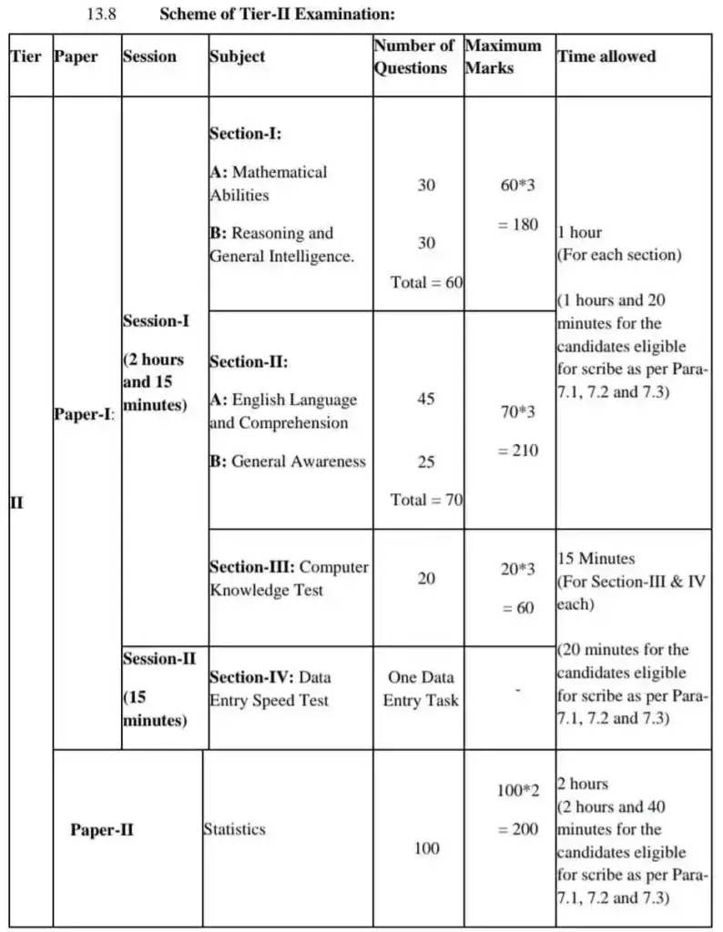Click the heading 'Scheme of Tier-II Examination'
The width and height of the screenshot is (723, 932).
pyautogui.click(x=277, y=15)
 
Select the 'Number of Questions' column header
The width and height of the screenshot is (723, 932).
pyautogui.click(x=414, y=56)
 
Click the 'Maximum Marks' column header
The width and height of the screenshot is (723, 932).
pyautogui.click(x=503, y=56)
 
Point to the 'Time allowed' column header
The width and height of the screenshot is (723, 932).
pyautogui.click(x=606, y=56)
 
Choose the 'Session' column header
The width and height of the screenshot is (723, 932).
pyautogui.click(x=150, y=56)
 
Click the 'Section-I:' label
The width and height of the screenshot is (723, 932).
pyautogui.click(x=245, y=133)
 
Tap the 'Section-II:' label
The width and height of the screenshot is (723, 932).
pyautogui.click(x=249, y=361)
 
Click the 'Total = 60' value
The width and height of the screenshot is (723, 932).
pyautogui.click(x=426, y=282)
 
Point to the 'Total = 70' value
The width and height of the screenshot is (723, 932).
pyautogui.click(x=426, y=500)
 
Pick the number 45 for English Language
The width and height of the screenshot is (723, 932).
pyautogui.click(x=426, y=399)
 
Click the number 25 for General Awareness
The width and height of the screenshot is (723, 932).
pyautogui.click(x=426, y=461)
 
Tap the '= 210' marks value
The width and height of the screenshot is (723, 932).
pyautogui.click(x=518, y=451)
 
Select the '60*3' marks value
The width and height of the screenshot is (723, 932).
pyautogui.click(x=518, y=186)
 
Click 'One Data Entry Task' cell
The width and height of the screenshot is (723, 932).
pyautogui.click(x=421, y=689)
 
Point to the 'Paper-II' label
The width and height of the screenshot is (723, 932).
pyautogui.click(x=102, y=830)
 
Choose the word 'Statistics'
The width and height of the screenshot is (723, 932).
pyautogui.click(x=235, y=829)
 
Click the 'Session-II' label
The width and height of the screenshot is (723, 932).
pyautogui.click(x=159, y=659)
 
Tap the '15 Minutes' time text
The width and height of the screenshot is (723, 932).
pyautogui.click(x=596, y=558)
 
